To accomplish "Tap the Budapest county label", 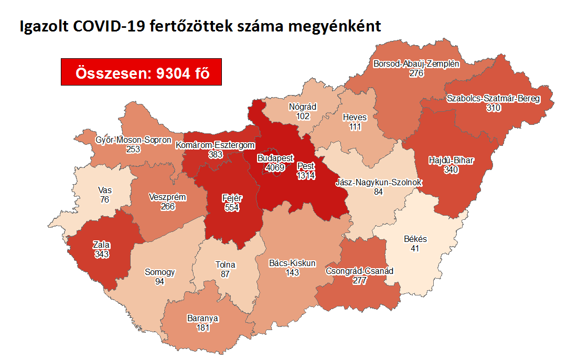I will point(275,158).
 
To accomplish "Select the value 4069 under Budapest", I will point(275,167).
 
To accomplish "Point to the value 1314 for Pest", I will point(306,175).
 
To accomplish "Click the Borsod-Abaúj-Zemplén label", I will point(416,64).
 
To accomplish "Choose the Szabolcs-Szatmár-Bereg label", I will point(493,98).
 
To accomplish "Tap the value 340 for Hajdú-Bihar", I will point(451,170).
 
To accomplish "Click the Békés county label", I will point(415,239).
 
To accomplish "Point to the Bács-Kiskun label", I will point(293,263).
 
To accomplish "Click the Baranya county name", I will point(202,319).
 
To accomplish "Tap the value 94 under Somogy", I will point(160,282).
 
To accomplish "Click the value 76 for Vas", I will point(104,199).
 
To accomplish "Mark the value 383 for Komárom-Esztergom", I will point(215,154).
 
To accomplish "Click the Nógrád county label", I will point(303,107).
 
